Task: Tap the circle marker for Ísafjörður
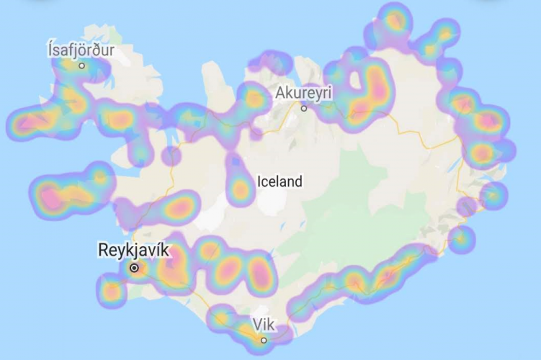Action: (82, 66)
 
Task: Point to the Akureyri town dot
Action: (304, 108)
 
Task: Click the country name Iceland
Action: (280, 181)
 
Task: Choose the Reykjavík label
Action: (133, 251)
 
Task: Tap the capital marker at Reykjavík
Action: (134, 268)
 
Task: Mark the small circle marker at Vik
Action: (264, 340)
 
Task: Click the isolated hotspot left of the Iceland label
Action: (239, 189)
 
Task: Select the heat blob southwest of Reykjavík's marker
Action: (112, 291)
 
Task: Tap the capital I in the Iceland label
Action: (259, 181)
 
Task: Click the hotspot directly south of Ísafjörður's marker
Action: (73, 101)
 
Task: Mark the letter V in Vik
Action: (256, 324)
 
